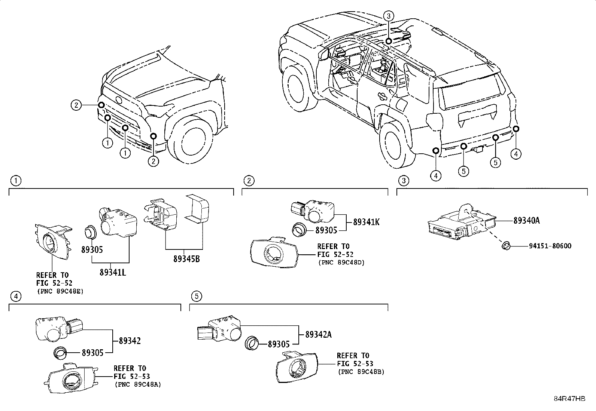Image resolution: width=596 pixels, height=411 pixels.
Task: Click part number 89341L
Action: coord(112,272)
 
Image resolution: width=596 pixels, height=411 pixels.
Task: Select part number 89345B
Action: coord(186,258)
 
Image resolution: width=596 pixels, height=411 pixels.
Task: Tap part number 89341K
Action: coord(367,222)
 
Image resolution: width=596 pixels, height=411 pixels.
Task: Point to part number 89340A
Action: coord(526,221)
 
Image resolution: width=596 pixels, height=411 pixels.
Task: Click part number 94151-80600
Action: coord(550,246)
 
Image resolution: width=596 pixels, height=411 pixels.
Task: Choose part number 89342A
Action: coord(318,335)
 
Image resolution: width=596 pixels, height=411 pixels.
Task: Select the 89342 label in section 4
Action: coord(130,341)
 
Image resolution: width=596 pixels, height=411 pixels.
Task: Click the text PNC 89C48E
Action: coord(60,291)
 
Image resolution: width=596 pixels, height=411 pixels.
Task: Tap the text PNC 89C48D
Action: coord(341,263)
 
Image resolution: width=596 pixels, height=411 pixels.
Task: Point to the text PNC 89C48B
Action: coord(361,372)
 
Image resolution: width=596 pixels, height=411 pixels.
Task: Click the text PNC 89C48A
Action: coord(137,384)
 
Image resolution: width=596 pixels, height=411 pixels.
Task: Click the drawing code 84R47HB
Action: coord(569,399)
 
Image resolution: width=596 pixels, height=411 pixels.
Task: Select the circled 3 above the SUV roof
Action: coord(389,16)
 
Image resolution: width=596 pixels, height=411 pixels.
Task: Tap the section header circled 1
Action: coord(15,181)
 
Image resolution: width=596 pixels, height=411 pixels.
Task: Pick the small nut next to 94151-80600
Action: coord(506,246)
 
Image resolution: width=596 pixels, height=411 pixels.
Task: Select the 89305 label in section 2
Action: coord(326,230)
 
